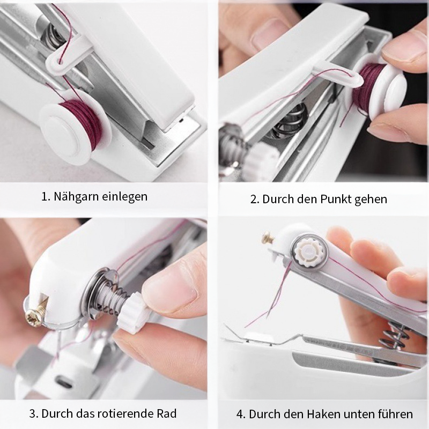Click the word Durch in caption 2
tap(277, 199)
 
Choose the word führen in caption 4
tap(396, 414)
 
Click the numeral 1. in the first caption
tap(45, 197)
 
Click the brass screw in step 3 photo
tap(35, 317)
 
